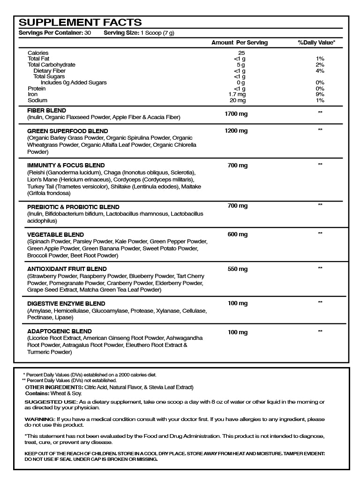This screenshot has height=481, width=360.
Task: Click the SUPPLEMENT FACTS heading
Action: (x=80, y=23)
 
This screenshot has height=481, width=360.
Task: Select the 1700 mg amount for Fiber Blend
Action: (x=237, y=113)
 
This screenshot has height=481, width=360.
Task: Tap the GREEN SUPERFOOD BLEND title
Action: (x=67, y=131)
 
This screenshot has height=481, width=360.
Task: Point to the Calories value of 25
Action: (x=241, y=53)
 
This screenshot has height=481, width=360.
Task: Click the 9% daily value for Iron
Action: (x=320, y=94)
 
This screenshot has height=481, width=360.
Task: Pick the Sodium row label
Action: (x=37, y=100)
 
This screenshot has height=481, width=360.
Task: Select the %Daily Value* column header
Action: (x=316, y=43)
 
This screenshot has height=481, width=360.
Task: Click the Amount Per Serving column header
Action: (x=240, y=43)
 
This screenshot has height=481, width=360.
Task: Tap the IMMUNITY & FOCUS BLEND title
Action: (x=66, y=165)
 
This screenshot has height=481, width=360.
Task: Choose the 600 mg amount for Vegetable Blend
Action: (x=238, y=234)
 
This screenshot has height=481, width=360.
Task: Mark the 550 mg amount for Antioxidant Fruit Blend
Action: (x=238, y=269)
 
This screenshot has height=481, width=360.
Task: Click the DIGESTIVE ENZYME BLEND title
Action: (x=66, y=304)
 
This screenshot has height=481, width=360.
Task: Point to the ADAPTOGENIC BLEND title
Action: (x=60, y=331)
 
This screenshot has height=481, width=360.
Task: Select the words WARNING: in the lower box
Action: (x=39, y=419)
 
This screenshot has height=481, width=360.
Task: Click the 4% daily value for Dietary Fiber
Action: (x=320, y=71)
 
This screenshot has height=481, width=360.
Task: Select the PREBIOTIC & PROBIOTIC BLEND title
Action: (x=73, y=207)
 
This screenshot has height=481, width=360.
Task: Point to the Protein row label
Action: (x=37, y=89)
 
